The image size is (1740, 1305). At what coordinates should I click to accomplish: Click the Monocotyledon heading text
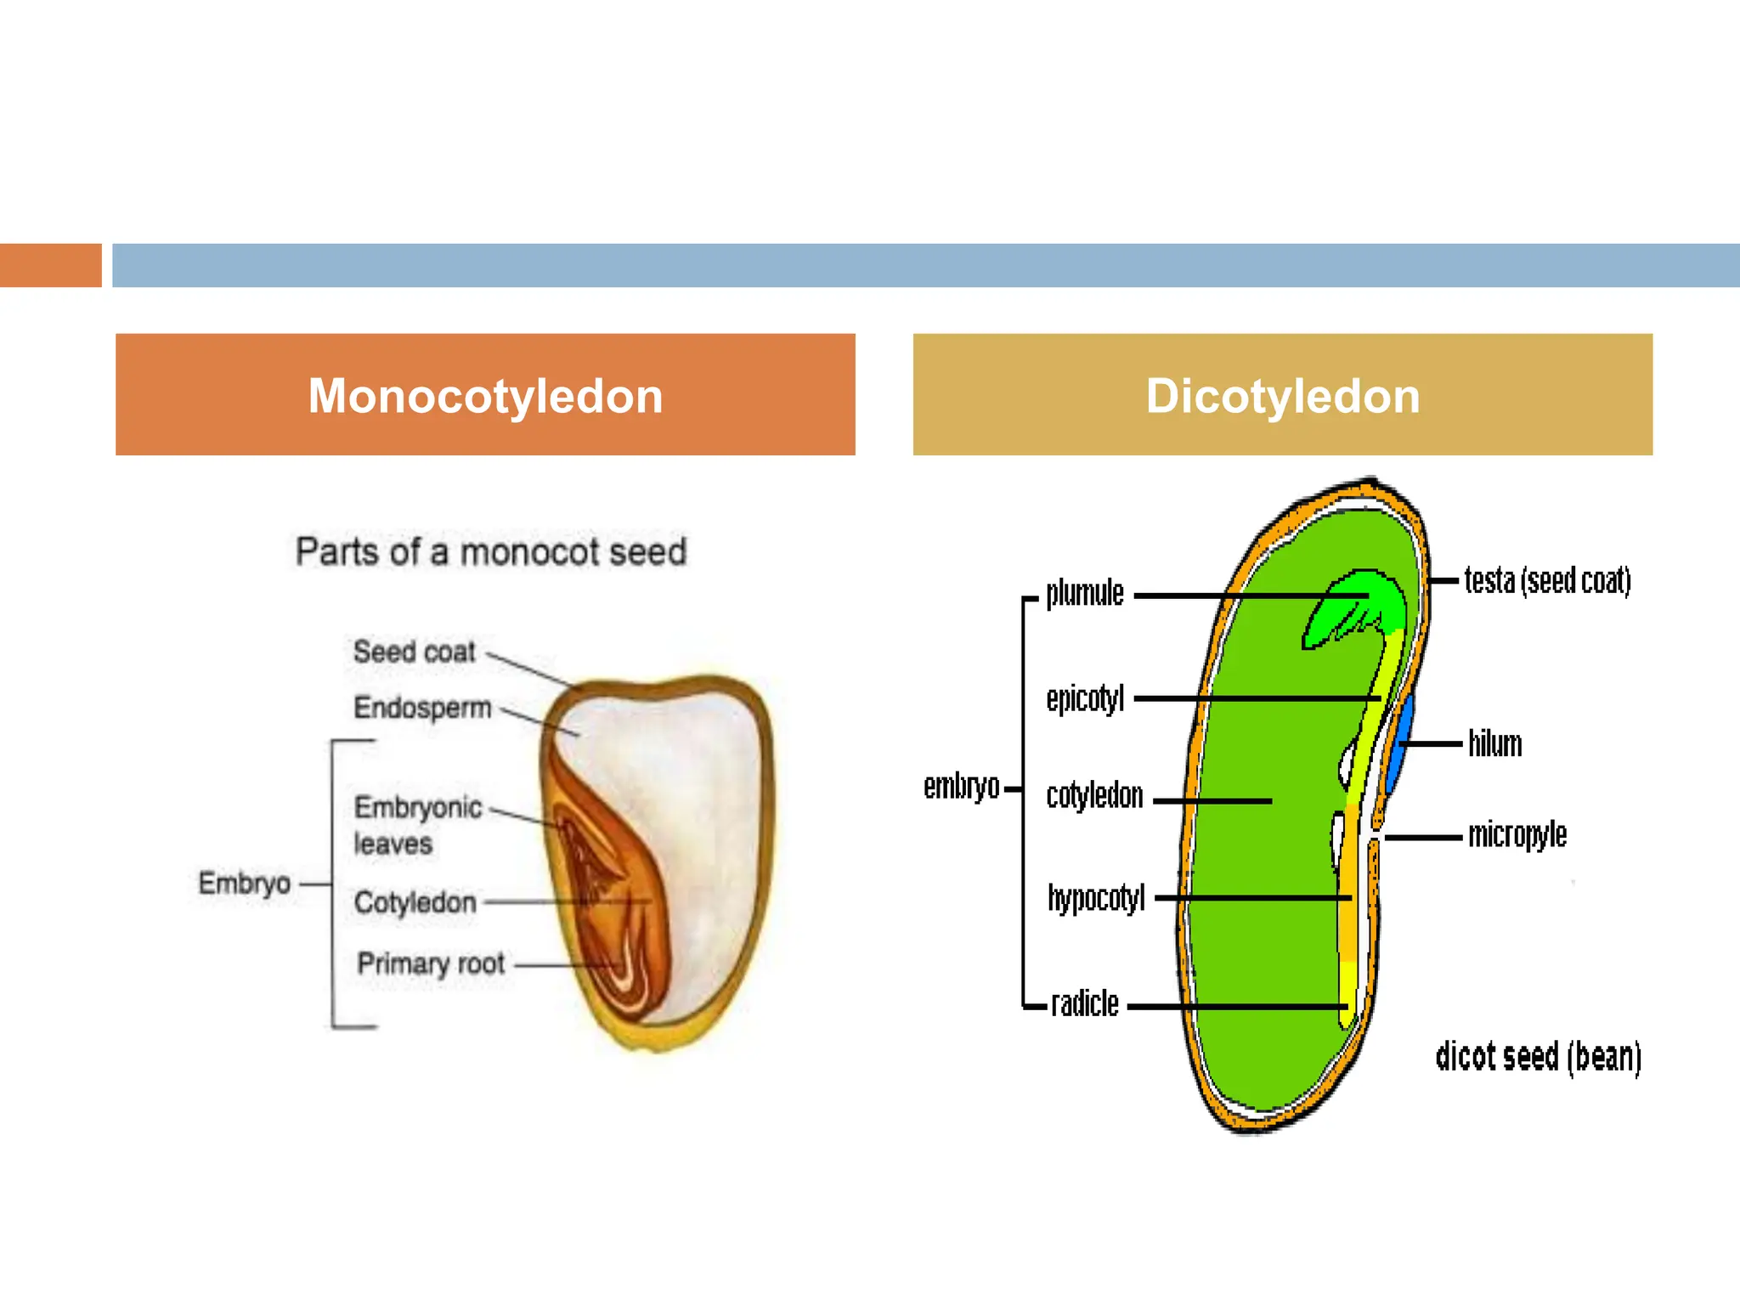pos(485,396)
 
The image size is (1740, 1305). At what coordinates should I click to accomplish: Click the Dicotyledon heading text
pos(1282,396)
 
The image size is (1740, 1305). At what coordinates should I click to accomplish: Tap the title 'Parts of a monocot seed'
pos(490,552)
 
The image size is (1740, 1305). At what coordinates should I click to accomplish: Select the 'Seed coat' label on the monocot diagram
pos(414,652)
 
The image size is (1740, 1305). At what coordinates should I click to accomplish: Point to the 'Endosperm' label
pos(422,707)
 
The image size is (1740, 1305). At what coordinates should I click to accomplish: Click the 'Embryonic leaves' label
pos(416,824)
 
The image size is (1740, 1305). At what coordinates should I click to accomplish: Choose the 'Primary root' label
pos(431,963)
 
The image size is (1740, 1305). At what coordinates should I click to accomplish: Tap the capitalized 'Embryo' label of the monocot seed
pos(244,883)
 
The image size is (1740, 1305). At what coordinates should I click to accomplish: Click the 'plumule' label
pos(1084,593)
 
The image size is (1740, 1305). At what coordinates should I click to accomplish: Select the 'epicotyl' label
pos(1085,698)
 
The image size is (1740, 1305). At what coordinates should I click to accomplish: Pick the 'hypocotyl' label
pos(1096,897)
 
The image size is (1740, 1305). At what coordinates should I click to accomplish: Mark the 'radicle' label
pos(1084,1003)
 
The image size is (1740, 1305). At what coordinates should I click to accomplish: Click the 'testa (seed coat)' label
pos(1547,581)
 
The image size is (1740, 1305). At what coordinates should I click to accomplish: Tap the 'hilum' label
pos(1494,743)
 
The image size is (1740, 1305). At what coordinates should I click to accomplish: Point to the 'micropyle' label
pos(1517,834)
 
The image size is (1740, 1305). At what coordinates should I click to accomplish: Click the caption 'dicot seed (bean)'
pos(1538,1057)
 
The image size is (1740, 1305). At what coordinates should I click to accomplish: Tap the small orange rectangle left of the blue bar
pos(50,265)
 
